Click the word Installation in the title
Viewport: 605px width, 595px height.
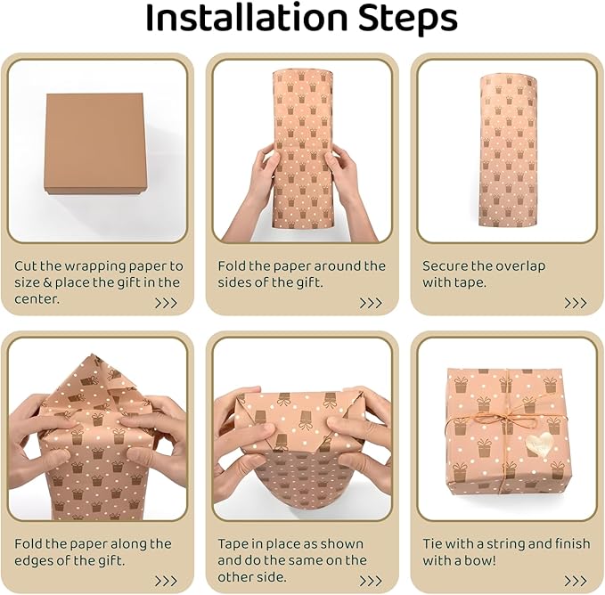coord(247,19)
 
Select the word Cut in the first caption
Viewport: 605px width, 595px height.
coord(26,266)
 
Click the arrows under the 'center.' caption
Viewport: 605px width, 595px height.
coord(166,303)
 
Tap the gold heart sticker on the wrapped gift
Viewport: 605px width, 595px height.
coord(539,444)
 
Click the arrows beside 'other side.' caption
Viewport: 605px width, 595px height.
coord(371,581)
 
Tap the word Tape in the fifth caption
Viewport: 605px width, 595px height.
coord(233,544)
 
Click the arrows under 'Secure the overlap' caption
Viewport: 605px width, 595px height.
coord(576,303)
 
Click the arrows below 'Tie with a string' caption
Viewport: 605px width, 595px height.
coord(576,581)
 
